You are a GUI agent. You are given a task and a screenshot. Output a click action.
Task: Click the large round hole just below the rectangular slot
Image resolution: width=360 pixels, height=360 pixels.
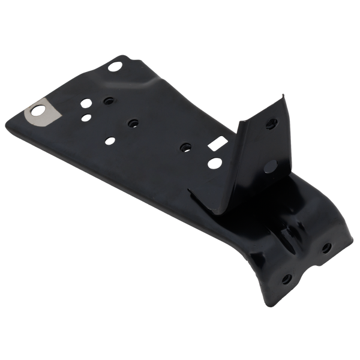(x=214, y=162)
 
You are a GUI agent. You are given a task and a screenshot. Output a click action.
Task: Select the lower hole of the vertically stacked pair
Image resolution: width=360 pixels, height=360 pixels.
(x=87, y=117)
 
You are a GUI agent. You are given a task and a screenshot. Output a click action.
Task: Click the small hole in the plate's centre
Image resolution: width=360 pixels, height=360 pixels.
(x=130, y=122)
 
